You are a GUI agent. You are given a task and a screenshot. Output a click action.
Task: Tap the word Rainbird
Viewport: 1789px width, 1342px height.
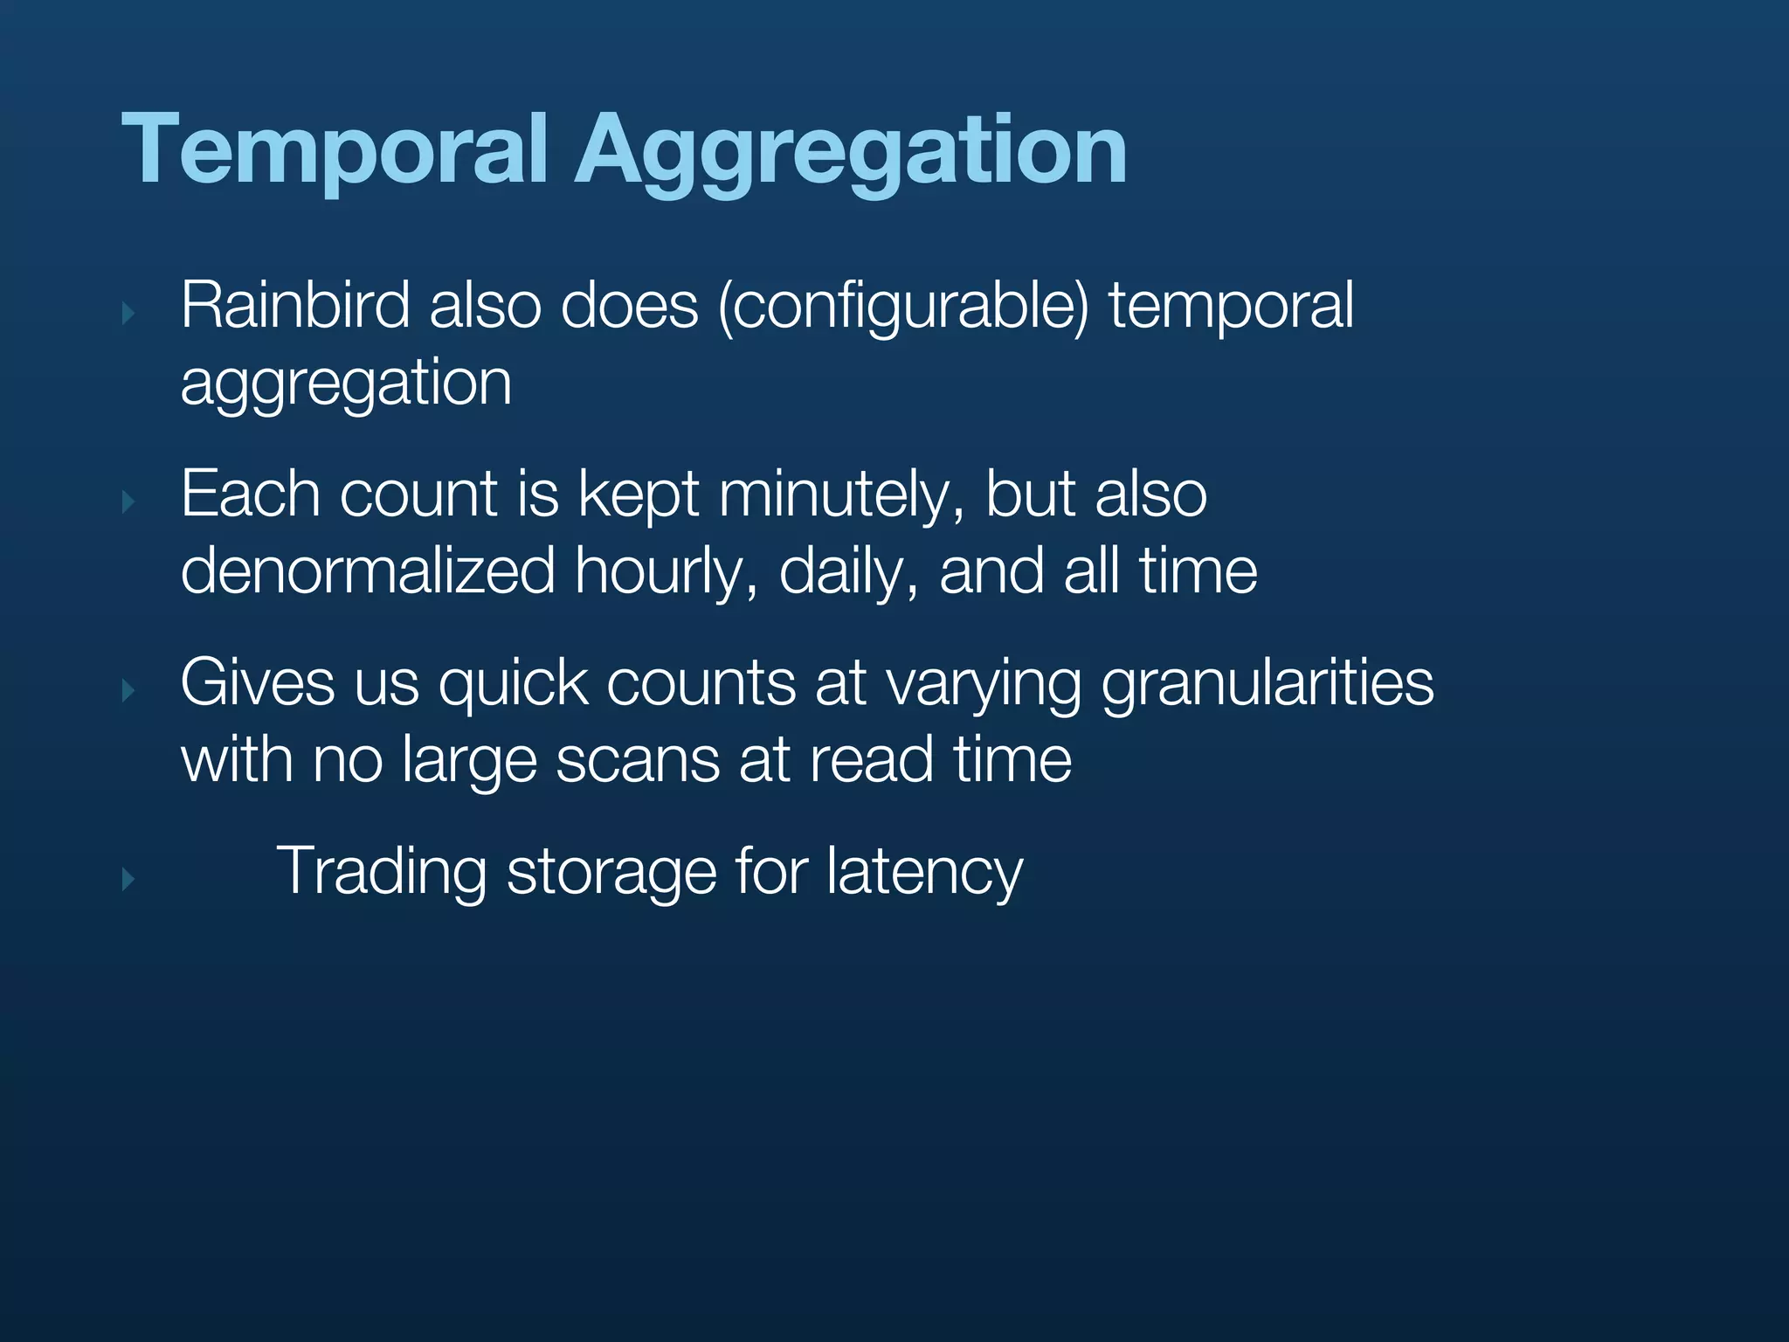coord(294,306)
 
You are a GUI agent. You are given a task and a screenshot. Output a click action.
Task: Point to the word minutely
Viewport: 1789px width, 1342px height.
coord(841,496)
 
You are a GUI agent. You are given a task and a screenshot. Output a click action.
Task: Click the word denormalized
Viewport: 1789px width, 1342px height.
coord(368,571)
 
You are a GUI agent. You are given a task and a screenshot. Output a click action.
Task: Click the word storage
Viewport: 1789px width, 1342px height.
coord(611,872)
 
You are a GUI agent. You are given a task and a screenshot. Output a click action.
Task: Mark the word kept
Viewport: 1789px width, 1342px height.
coord(638,496)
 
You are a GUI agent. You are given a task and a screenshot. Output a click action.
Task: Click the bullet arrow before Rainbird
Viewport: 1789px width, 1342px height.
coord(128,313)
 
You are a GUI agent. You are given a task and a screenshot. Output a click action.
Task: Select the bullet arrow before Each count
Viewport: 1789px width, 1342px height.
coord(128,502)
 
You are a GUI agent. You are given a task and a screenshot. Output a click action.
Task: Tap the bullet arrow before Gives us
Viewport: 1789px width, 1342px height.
coord(128,690)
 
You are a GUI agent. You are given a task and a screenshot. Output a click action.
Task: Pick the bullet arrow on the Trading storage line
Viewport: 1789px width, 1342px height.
coord(128,878)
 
